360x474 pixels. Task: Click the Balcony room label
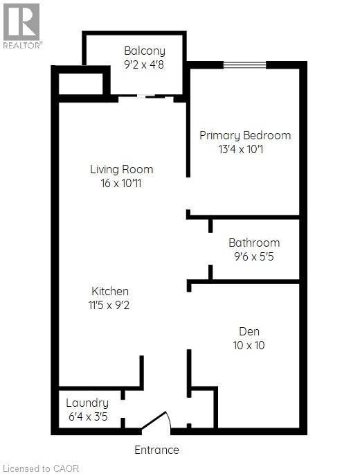[x=145, y=51]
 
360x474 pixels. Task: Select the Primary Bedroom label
[x=245, y=135]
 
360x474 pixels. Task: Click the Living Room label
[x=121, y=169]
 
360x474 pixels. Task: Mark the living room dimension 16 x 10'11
[x=121, y=184]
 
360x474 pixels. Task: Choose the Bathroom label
[x=254, y=243]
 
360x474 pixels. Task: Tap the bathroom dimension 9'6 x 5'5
[x=254, y=257]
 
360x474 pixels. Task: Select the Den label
[x=249, y=331]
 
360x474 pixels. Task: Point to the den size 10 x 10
[x=249, y=345]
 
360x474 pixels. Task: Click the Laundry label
[x=87, y=403]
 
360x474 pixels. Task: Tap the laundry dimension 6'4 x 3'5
[x=87, y=418]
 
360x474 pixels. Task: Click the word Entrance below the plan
[x=156, y=450]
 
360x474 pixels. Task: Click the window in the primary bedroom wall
[x=244, y=65]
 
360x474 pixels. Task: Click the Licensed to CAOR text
[x=41, y=468]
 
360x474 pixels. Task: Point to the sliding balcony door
[x=145, y=98]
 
